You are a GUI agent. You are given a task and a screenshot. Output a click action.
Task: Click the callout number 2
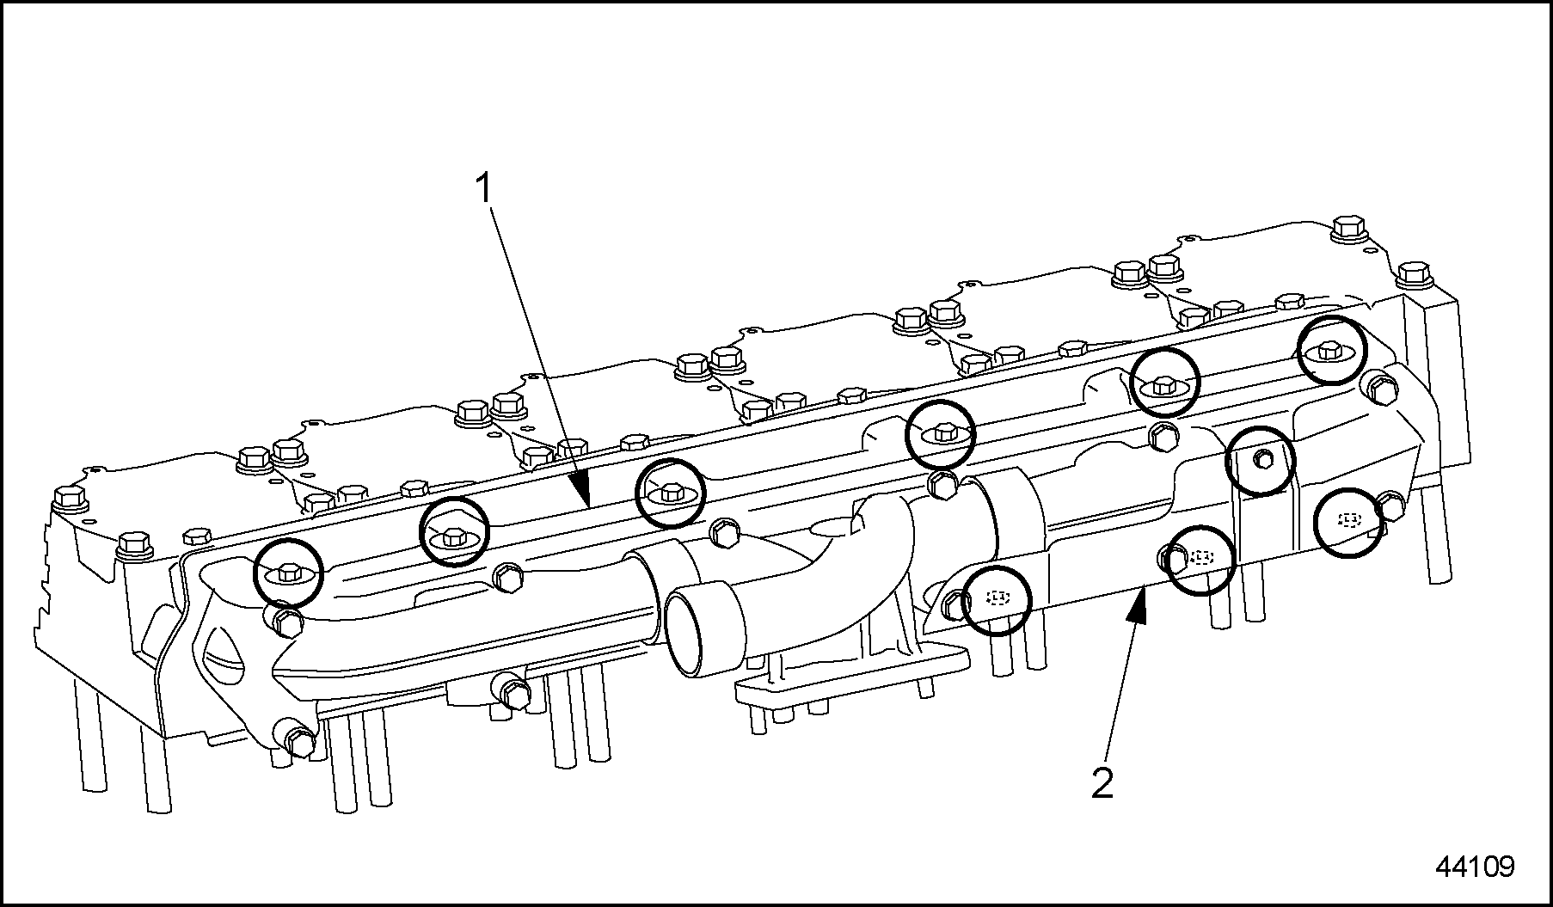tap(1102, 783)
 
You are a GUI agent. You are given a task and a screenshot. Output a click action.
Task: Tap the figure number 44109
tap(1475, 866)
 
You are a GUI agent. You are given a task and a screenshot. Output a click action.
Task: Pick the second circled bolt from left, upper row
tap(453, 532)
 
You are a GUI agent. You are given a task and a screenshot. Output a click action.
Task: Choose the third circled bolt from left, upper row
tap(670, 493)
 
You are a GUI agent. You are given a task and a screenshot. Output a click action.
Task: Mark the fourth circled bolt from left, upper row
tap(941, 434)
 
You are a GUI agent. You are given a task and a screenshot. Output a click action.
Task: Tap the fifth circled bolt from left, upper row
tap(1163, 383)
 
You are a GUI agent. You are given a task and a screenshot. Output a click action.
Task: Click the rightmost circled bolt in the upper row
tap(1330, 350)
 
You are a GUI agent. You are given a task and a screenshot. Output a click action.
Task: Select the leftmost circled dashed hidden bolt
tap(996, 599)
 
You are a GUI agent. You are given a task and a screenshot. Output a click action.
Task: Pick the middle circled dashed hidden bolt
tap(1200, 560)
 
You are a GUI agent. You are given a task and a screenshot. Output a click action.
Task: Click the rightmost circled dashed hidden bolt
tap(1349, 522)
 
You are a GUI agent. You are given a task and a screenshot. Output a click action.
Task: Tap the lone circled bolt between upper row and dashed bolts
tap(1260, 461)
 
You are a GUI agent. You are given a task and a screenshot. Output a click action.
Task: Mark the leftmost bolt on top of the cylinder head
tap(68, 498)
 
